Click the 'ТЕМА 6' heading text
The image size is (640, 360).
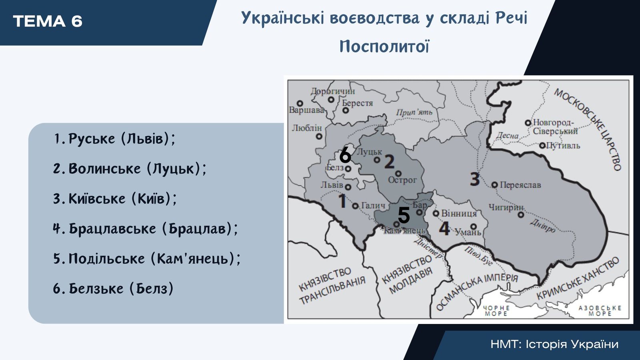[x=48, y=22]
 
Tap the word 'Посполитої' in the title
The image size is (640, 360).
[x=384, y=46]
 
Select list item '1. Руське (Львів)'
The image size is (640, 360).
[x=114, y=139]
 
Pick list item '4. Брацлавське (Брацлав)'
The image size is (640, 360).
[x=145, y=228]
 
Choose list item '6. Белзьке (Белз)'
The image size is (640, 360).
[x=113, y=288]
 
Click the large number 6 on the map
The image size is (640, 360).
[x=345, y=156]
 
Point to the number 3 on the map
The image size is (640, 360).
[x=474, y=179]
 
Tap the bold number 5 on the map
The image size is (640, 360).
[x=404, y=215]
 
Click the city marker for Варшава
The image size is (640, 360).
[x=300, y=103]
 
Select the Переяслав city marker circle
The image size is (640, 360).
[x=494, y=185]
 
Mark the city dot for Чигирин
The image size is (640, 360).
[x=521, y=214]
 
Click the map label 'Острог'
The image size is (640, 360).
[x=402, y=180]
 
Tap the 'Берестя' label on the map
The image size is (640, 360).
[x=358, y=103]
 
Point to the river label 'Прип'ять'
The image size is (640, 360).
[x=414, y=112]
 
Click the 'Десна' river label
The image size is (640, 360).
[x=508, y=135]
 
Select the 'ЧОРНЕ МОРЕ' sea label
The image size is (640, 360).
[x=496, y=310]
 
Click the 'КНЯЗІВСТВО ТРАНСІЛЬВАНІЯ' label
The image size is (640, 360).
[x=332, y=286]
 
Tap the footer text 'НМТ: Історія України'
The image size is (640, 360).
[x=554, y=344]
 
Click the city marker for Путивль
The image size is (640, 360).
[x=542, y=146]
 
